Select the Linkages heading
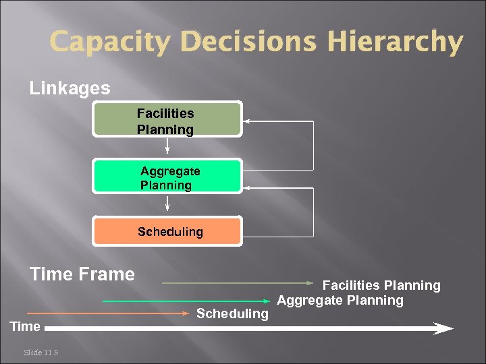pos(70,88)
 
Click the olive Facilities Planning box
pos(167,121)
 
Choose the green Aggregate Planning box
pos(167,177)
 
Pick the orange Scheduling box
pos(167,231)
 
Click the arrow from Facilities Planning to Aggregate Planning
pos(167,147)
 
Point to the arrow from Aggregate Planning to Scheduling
pos(167,203)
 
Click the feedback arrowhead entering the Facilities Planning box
pos(247,121)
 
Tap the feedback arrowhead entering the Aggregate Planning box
pos(247,188)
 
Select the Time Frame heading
pos(82,274)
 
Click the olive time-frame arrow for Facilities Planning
pos(240,283)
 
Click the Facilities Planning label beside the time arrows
pos(381,286)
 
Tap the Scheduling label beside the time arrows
pos(232,313)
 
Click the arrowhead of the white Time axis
pos(443,328)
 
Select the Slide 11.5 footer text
pos(40,352)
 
